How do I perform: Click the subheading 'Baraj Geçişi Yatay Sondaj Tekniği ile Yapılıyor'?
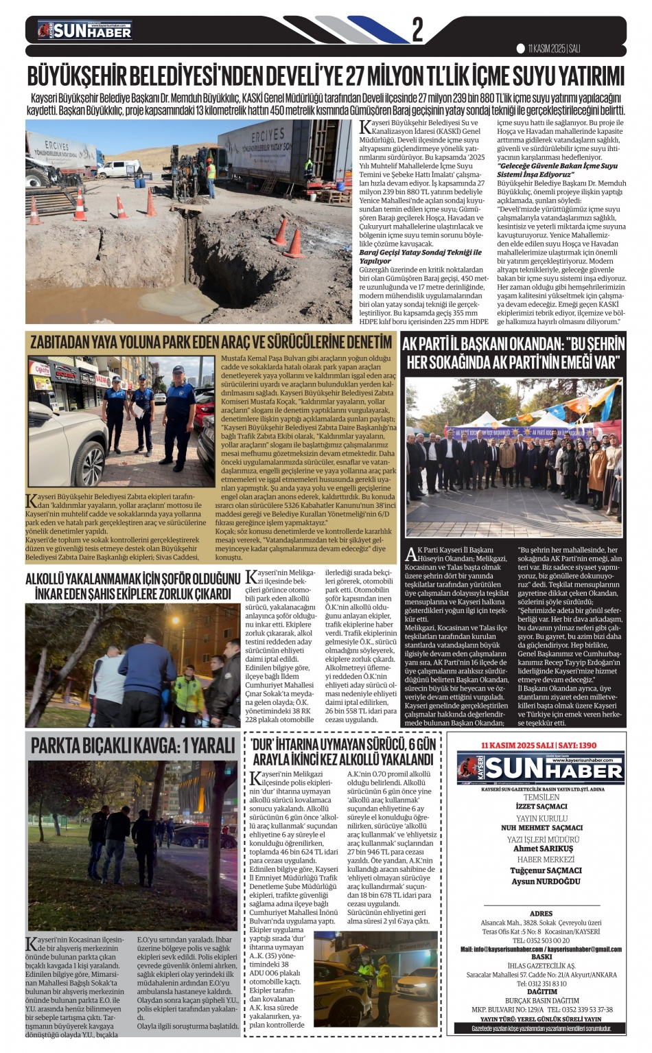point(420,256)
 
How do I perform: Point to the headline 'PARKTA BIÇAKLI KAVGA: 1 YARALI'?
point(124,745)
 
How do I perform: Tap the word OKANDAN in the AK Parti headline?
point(524,344)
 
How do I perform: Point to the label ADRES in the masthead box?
point(542,914)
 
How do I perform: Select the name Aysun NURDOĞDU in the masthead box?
point(546,881)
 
